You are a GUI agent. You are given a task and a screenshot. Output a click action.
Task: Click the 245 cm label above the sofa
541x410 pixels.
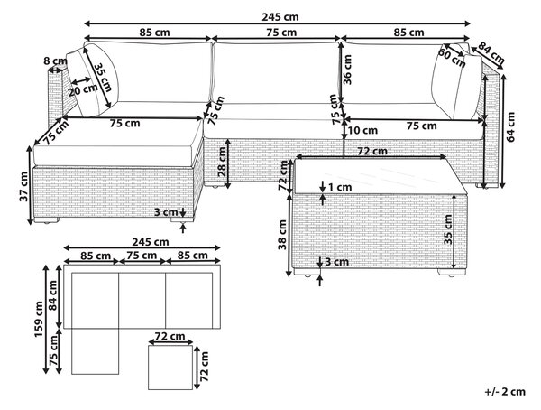(x=280, y=16)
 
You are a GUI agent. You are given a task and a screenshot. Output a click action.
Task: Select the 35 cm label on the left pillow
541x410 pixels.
(x=103, y=77)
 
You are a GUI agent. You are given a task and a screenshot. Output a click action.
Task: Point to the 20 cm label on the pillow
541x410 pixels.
(x=83, y=90)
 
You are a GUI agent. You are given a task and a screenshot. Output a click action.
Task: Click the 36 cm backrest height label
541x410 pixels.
(x=347, y=70)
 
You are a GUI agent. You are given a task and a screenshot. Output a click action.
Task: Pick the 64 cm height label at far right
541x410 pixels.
(x=510, y=126)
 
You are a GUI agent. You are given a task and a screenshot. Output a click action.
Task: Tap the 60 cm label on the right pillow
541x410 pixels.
(x=452, y=58)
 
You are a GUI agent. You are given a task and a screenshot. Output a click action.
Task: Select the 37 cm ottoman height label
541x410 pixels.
(x=23, y=186)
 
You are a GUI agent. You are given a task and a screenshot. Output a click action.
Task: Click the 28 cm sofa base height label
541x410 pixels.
(x=222, y=162)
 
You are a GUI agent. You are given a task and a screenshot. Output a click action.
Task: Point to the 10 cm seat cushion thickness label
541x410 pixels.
(x=362, y=130)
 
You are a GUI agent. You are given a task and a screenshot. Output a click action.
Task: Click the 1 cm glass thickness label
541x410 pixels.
(x=340, y=187)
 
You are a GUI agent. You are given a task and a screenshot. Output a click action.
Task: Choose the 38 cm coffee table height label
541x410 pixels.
(x=282, y=235)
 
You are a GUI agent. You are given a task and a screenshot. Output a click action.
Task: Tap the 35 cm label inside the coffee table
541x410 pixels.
(x=448, y=229)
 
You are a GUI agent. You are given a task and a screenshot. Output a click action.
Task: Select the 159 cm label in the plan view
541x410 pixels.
(x=38, y=319)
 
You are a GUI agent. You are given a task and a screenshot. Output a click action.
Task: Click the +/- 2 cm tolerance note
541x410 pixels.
(x=505, y=392)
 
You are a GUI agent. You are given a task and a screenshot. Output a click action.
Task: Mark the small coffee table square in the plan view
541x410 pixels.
(x=170, y=368)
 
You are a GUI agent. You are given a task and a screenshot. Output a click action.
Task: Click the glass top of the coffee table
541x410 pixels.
(x=379, y=176)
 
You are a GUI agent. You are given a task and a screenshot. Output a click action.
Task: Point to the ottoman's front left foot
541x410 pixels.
(x=46, y=219)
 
